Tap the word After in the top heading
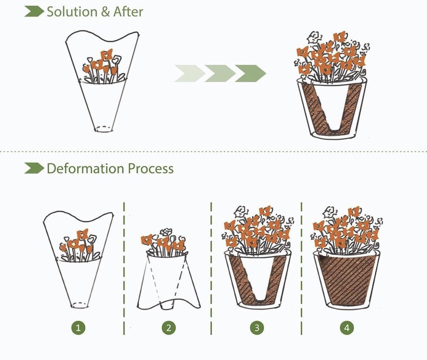(x=128, y=11)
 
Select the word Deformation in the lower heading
(x=85, y=169)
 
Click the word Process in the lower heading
(x=150, y=169)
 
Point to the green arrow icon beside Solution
(x=34, y=12)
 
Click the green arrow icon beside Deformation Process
(x=34, y=169)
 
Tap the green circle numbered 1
(x=78, y=328)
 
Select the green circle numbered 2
(x=168, y=328)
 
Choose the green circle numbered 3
(x=257, y=328)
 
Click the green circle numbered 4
(x=347, y=328)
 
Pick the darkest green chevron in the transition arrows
(x=251, y=74)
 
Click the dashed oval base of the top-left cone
(x=104, y=128)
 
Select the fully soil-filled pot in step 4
(x=347, y=279)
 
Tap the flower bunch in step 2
(x=164, y=241)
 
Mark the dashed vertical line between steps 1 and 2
(x=124, y=269)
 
